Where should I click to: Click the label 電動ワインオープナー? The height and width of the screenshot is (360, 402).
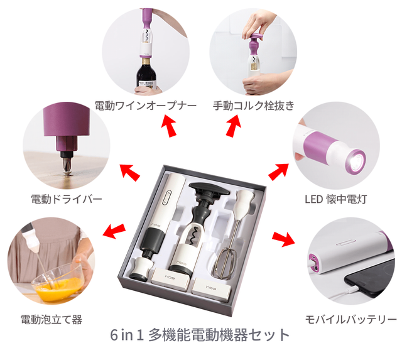(145, 106)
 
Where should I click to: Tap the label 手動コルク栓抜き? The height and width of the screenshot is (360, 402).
(254, 106)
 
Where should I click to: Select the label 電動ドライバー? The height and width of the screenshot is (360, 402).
(67, 199)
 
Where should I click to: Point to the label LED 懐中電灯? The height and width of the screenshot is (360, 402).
(336, 199)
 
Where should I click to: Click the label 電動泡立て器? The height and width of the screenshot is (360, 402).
(52, 320)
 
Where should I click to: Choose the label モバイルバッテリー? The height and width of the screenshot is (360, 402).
(350, 320)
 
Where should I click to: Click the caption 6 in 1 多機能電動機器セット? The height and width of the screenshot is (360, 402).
(200, 335)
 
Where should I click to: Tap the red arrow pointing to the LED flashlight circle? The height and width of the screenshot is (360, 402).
(278, 171)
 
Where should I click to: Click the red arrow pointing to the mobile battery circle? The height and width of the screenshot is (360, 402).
(283, 239)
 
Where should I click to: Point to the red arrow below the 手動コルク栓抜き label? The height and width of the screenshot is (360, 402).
(234, 126)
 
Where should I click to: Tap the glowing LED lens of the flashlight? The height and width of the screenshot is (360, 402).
(356, 161)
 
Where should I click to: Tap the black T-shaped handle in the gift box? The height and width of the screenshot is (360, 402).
(209, 190)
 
